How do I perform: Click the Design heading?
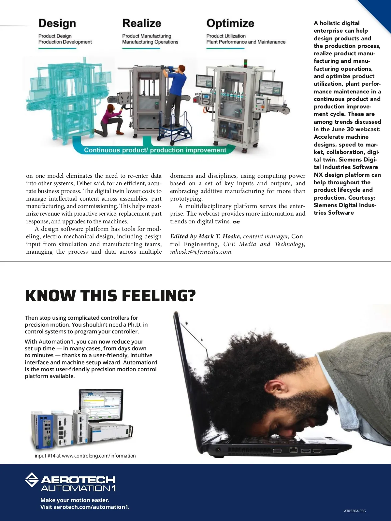(57, 23)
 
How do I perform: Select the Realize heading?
(142, 23)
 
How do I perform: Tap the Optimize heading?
(230, 23)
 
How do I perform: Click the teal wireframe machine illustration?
(65, 98)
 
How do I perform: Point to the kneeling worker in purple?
(111, 120)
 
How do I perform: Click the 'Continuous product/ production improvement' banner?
(155, 150)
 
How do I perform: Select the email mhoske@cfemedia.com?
(201, 252)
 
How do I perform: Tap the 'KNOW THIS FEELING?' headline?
(110, 296)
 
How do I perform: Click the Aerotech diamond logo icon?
(32, 480)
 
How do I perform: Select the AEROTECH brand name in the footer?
(78, 479)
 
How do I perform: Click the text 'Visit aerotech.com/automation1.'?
(85, 507)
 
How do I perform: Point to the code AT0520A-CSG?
(355, 511)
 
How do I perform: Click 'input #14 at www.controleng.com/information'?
(85, 456)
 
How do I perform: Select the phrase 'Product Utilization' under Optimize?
(226, 36)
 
